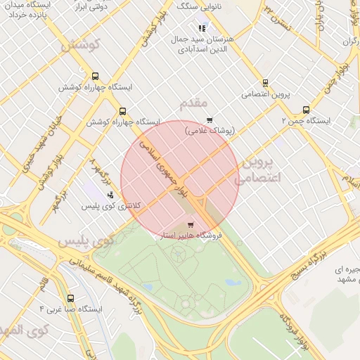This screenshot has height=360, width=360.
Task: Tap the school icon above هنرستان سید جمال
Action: pos(202,29)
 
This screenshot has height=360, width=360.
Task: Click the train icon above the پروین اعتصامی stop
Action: pos(265,82)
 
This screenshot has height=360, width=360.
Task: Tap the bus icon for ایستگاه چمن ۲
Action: pos(305,110)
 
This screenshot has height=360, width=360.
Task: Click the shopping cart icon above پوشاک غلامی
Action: pos(209,120)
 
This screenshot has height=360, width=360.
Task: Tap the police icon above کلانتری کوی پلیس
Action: pos(110,195)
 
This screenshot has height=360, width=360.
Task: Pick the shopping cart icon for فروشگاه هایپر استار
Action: pos(190,225)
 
